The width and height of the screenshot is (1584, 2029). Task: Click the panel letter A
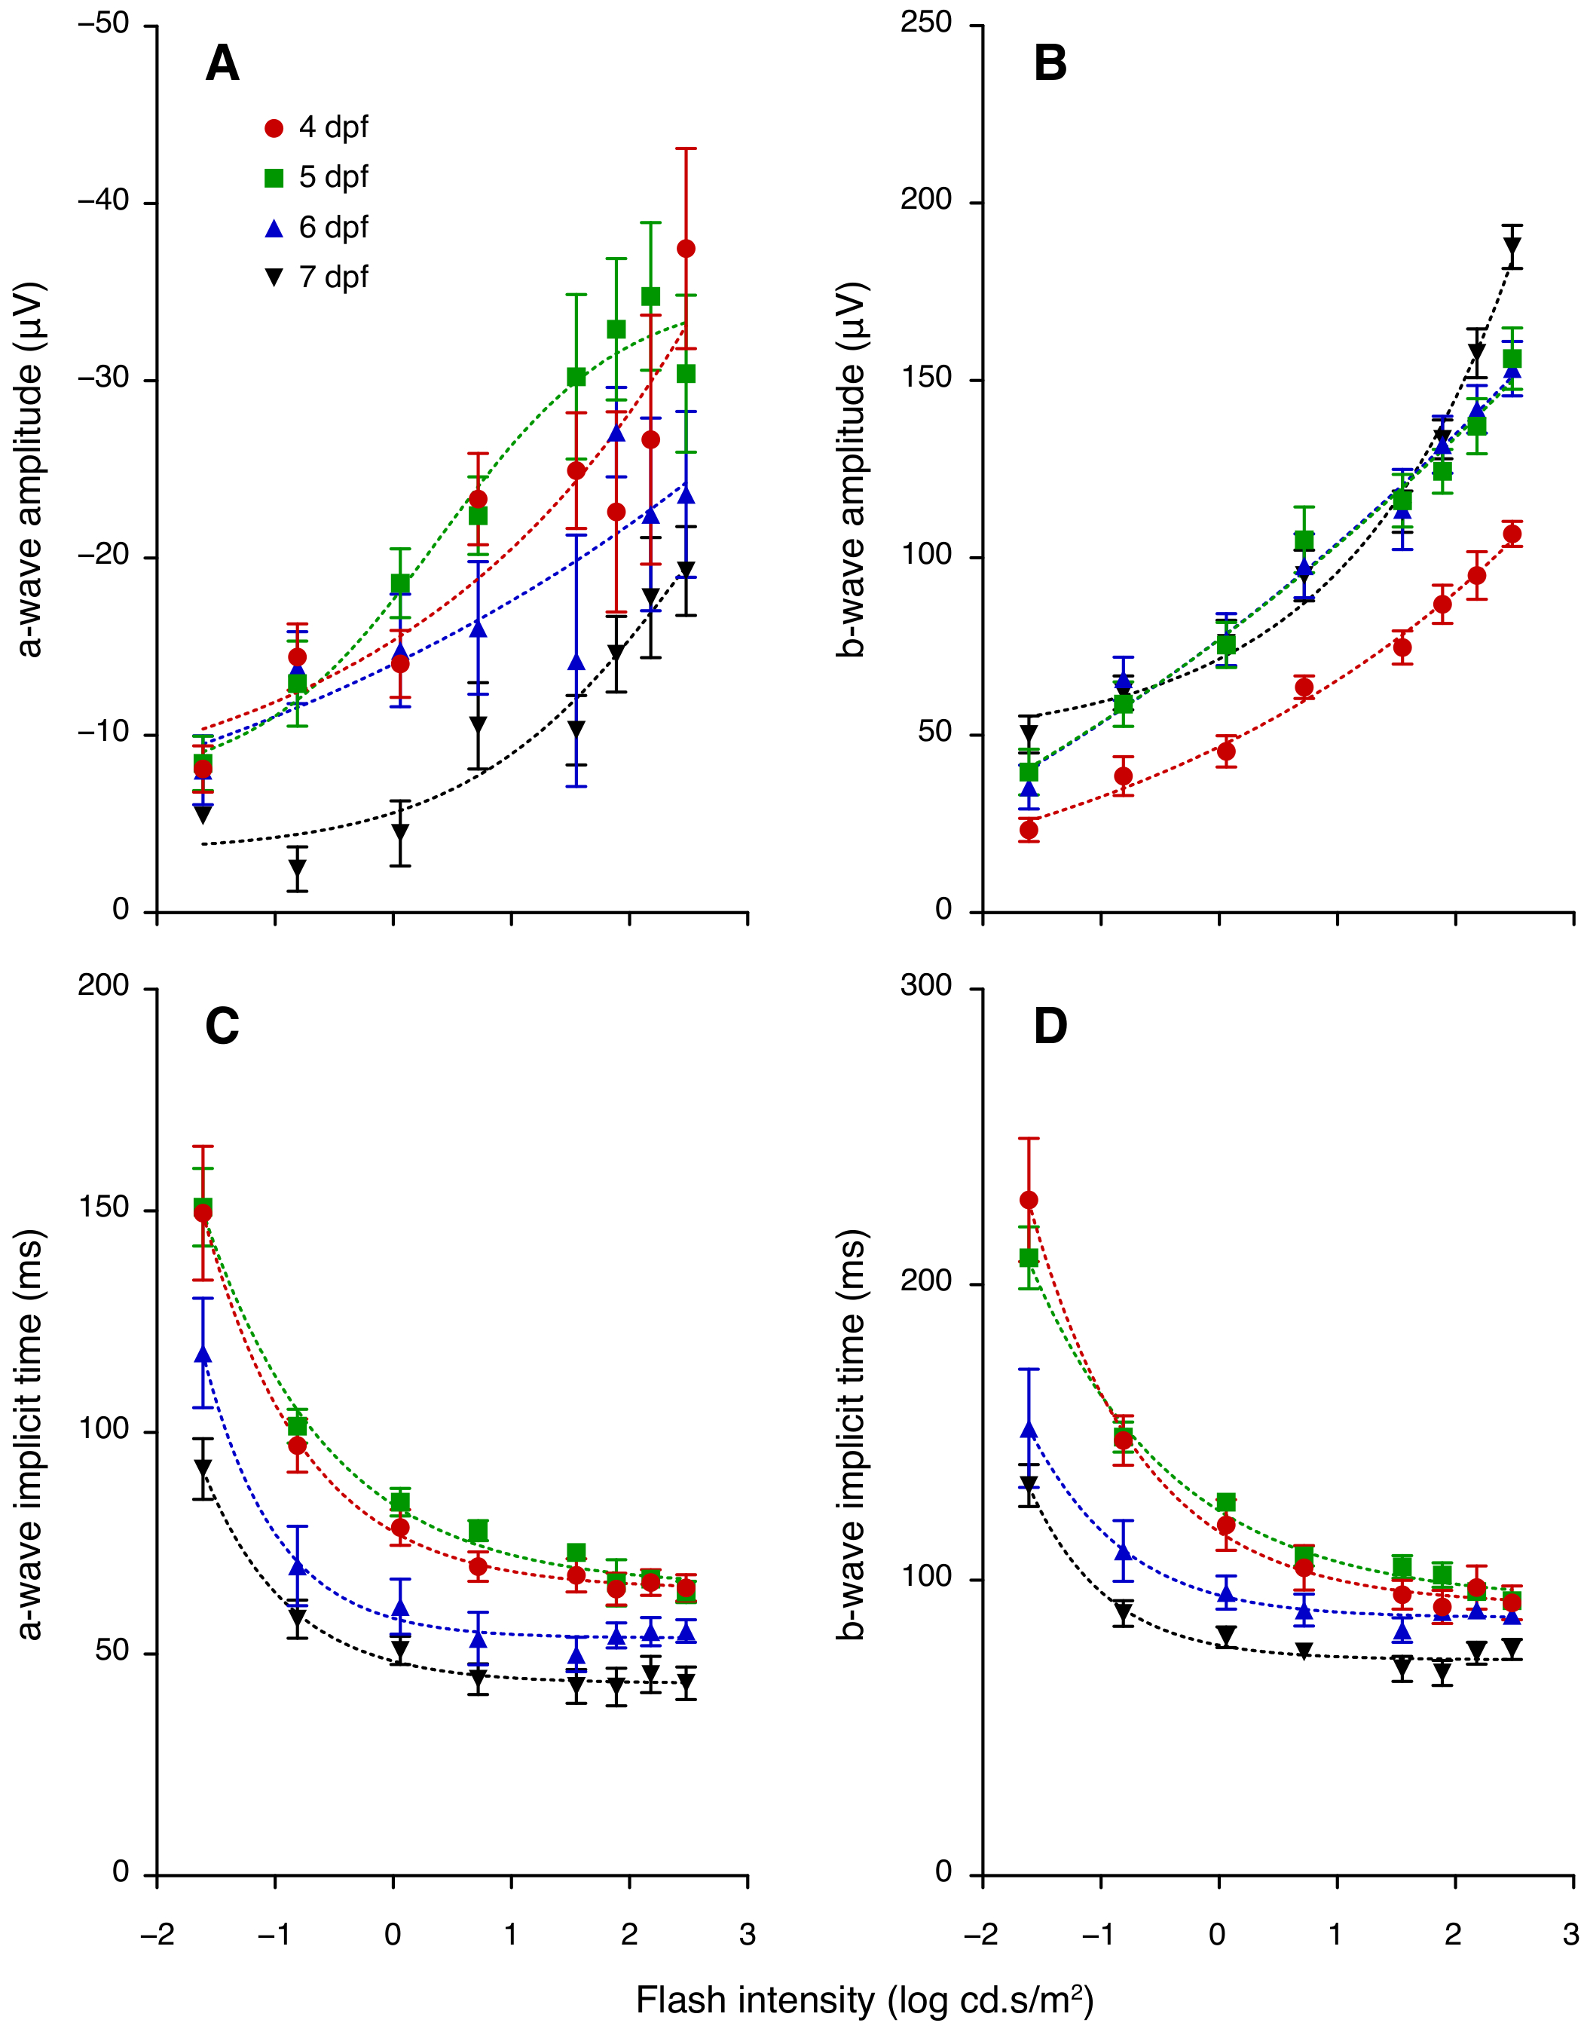pos(222,64)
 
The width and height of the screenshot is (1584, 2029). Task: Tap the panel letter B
pos(1050,64)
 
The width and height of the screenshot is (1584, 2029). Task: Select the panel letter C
pos(222,1027)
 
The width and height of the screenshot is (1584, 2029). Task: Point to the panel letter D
pos(1050,1027)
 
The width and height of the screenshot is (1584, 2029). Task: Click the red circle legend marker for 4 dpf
pos(274,128)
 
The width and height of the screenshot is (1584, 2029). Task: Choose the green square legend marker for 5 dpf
pos(274,179)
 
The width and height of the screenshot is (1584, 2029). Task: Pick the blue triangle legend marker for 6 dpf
pos(274,228)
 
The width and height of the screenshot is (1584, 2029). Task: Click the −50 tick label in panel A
pos(103,24)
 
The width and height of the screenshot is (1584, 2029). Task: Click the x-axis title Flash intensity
pos(864,2000)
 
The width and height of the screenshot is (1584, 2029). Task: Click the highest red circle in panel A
pos(687,249)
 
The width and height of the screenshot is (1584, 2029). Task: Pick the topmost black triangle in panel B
pos(1512,247)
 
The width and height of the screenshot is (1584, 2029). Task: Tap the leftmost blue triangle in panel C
pos(203,1354)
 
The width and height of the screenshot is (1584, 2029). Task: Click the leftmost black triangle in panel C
pos(203,1468)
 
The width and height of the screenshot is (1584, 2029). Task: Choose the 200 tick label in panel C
pos(103,986)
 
